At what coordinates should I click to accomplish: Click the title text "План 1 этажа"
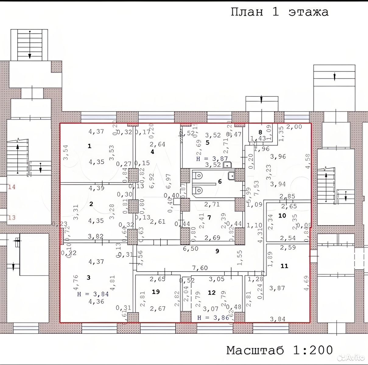pos(279,12)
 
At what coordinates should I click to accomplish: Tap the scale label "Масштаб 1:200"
pos(279,350)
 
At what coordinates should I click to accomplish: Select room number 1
pos(89,146)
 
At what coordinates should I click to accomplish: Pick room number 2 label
pos(91,204)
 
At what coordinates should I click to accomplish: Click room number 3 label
pos(89,277)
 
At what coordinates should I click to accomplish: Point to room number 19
pos(156,292)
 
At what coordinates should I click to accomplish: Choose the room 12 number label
pos(212,293)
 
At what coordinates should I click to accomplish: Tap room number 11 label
pos(284,266)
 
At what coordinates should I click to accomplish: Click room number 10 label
pos(282,215)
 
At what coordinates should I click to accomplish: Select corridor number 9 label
pos(217,251)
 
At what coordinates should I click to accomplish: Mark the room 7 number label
pos(209,217)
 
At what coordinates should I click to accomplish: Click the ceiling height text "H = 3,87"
pos(212,158)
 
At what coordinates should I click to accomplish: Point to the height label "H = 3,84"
pos(93,294)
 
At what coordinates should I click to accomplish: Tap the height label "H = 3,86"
pos(212,318)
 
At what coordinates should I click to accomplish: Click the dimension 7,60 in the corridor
pos(200,268)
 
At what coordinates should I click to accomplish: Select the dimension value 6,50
pos(191,249)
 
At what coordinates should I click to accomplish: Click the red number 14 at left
pos(12,187)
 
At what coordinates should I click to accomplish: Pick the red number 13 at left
pos(12,217)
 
